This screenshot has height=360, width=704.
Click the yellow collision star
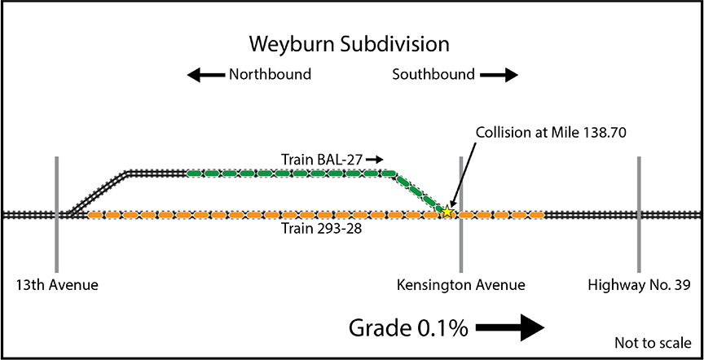click(447, 212)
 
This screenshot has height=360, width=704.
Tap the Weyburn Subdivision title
click(350, 42)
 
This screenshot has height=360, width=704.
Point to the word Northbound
click(270, 75)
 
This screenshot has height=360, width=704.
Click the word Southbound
click(433, 75)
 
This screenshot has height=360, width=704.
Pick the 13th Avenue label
click(55, 285)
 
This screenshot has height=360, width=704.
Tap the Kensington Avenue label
click(460, 285)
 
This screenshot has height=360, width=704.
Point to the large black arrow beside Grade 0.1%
click(509, 327)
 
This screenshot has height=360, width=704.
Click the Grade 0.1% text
click(408, 327)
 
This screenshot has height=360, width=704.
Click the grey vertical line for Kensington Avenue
click(461, 244)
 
